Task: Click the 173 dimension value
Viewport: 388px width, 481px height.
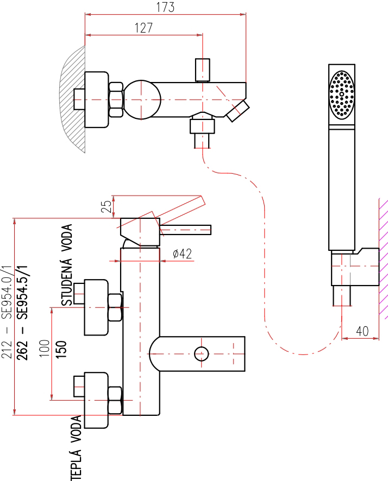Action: pos(165,7)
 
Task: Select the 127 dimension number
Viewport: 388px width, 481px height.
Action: pos(143,28)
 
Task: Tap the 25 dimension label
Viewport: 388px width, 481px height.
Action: pos(106,206)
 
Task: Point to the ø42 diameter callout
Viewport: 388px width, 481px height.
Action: pos(183,254)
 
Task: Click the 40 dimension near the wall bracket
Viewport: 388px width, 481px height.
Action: pos(362,331)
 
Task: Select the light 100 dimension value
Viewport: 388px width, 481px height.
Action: pos(45,348)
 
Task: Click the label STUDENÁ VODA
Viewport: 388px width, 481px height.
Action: pos(67,265)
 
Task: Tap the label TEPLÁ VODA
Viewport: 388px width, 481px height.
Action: pos(76,448)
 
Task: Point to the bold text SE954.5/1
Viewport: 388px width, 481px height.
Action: pos(22,292)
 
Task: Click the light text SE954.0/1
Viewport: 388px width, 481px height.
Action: pos(7,292)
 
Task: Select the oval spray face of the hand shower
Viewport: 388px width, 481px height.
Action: pos(341,95)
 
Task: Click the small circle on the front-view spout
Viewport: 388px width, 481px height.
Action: pos(202,354)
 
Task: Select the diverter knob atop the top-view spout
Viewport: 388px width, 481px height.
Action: pos(203,70)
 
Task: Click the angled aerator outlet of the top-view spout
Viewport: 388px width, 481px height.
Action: pos(237,111)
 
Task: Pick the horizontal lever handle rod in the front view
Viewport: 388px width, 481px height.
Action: pos(185,230)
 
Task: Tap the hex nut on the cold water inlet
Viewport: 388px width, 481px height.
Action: pos(115,307)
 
